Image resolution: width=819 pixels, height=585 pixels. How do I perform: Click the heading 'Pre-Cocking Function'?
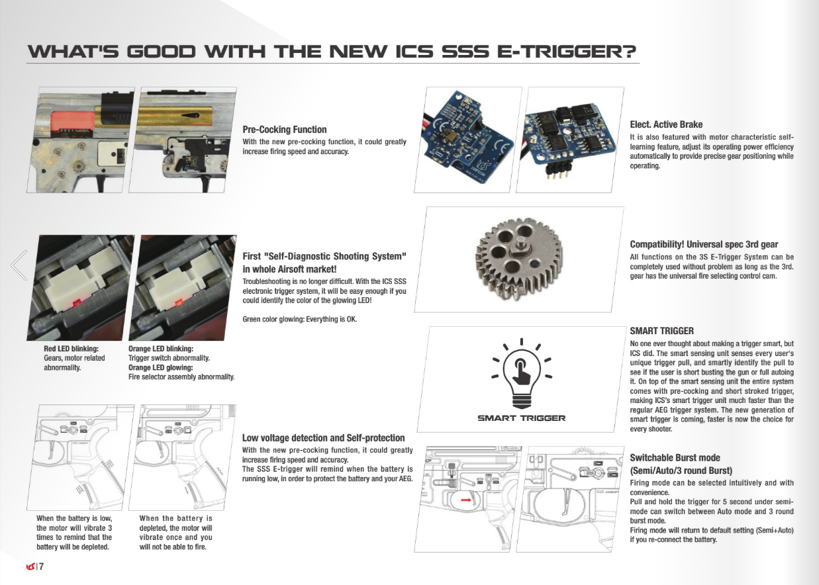click(285, 130)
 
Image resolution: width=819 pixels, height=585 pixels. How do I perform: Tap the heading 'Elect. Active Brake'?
click(666, 124)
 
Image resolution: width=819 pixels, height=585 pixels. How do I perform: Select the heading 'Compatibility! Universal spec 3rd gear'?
click(704, 244)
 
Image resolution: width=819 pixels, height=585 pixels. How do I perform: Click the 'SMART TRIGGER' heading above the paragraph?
click(661, 331)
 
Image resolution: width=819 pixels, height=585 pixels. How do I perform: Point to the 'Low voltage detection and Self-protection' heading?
click(323, 437)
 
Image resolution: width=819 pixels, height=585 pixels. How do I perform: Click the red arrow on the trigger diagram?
click(465, 500)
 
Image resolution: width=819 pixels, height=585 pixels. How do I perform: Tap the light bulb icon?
click(522, 374)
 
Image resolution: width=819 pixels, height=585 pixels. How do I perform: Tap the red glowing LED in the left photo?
click(77, 303)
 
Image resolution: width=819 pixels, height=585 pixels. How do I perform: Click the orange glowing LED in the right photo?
click(179, 302)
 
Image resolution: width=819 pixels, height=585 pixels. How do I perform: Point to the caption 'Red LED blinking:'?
click(71, 349)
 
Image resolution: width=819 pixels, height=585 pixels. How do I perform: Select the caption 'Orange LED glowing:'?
click(160, 367)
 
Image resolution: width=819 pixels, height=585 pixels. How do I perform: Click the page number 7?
click(41, 566)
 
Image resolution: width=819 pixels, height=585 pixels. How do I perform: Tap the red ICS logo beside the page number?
click(30, 566)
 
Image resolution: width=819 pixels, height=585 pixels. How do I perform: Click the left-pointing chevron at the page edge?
click(19, 265)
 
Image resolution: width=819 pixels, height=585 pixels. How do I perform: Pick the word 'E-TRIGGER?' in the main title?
click(567, 52)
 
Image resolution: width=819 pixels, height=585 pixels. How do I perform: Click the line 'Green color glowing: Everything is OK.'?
click(299, 320)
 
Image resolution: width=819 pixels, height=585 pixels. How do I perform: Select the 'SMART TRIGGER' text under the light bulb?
click(521, 418)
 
